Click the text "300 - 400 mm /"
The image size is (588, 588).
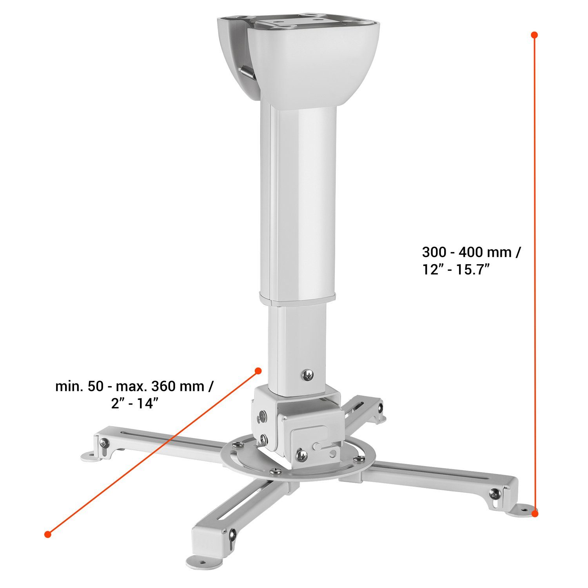[472, 252]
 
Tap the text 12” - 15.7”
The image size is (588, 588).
[457, 270]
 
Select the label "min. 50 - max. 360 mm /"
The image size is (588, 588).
[134, 386]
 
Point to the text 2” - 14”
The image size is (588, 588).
[134, 403]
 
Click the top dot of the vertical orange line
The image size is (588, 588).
[534, 35]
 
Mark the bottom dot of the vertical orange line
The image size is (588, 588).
[535, 513]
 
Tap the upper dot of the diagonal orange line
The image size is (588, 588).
[258, 370]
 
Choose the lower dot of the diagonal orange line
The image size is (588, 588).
[48, 534]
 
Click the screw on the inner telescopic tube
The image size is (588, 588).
[308, 375]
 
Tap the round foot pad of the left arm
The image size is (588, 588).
[90, 456]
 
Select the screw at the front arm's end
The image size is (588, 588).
[232, 534]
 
